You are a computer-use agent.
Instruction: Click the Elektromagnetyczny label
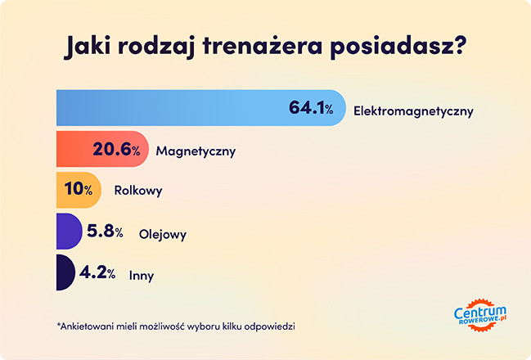pyautogui.click(x=413, y=110)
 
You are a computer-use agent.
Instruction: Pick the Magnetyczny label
pyautogui.click(x=196, y=151)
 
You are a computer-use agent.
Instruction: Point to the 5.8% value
pyautogui.click(x=105, y=232)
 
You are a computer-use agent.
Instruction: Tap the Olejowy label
pyautogui.click(x=162, y=234)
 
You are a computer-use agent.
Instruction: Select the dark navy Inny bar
pyautogui.click(x=61, y=273)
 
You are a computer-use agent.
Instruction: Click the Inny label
pyautogui.click(x=142, y=275)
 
